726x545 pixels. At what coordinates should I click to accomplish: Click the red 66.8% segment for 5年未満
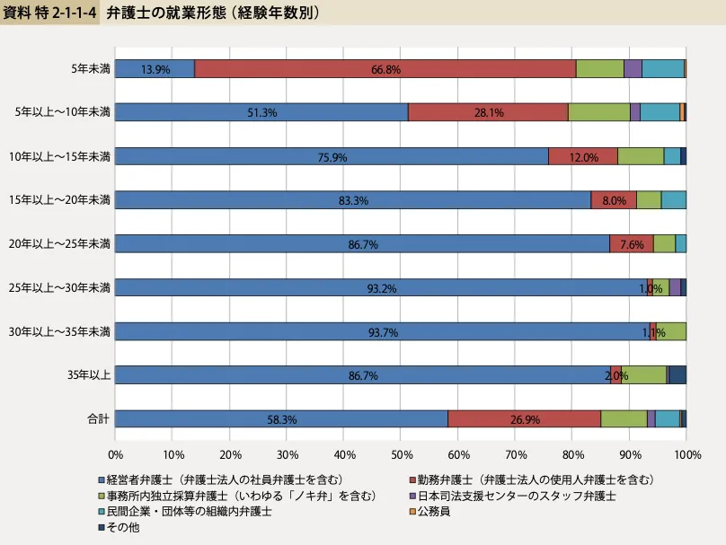(385, 68)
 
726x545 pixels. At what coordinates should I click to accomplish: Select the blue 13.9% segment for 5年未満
(155, 68)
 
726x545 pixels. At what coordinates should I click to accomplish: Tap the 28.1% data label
(488, 112)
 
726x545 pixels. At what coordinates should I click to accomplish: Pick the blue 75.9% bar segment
(332, 156)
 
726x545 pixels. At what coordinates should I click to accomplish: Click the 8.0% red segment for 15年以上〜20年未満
(614, 200)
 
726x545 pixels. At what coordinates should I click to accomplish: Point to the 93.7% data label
(382, 332)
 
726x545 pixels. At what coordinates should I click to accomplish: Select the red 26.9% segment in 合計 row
(524, 419)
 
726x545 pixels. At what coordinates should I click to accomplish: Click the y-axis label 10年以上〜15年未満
(59, 156)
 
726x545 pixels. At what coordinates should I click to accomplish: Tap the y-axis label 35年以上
(91, 375)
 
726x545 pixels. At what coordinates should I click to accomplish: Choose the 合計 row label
(98, 419)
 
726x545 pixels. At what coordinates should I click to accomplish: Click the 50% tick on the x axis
(401, 455)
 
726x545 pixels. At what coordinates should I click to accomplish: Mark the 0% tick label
(115, 455)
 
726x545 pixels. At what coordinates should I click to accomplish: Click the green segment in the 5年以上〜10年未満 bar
(598, 112)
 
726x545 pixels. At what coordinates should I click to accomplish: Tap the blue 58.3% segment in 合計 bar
(281, 419)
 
